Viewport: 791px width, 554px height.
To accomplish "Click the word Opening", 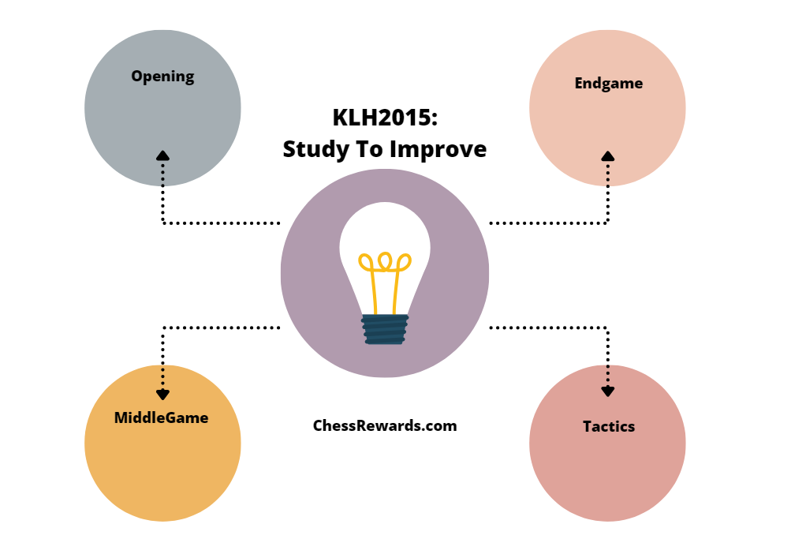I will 162,77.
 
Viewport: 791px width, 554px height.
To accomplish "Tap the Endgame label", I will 608,83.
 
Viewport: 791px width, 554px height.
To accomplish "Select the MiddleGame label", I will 162,417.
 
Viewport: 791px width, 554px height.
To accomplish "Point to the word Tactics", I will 608,426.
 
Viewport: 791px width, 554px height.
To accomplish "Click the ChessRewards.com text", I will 385,425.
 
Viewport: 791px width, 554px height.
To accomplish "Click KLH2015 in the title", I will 379,118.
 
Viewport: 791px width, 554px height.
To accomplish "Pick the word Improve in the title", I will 444,149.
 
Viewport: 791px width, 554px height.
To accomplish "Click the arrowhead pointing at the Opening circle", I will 162,155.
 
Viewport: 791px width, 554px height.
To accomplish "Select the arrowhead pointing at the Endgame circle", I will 608,156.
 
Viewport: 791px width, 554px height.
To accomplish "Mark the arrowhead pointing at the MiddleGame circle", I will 162,394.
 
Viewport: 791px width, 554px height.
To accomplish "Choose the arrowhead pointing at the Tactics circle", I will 608,390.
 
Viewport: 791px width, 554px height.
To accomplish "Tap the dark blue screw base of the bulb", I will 385,329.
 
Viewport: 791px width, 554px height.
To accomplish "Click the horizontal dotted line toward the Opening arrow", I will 221,223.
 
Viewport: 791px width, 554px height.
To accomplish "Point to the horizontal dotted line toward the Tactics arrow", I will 549,327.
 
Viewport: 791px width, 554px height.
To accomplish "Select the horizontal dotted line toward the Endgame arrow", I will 549,223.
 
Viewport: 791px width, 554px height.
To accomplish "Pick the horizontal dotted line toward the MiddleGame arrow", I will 221,327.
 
